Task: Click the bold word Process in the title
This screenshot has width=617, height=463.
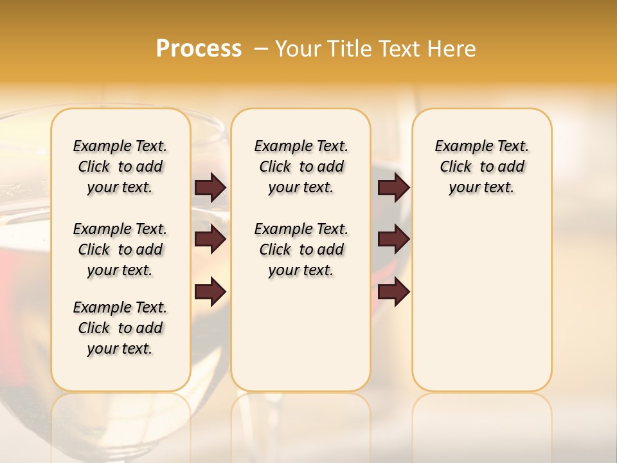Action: click(x=199, y=49)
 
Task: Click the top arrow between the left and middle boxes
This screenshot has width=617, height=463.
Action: click(x=210, y=187)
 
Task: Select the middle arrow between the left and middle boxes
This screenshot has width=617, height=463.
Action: click(x=210, y=239)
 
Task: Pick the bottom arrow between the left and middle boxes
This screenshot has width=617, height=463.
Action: click(x=210, y=291)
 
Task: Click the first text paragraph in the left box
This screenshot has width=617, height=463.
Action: click(x=120, y=167)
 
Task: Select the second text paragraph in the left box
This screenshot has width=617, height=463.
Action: click(x=120, y=250)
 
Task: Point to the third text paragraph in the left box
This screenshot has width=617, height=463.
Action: click(x=120, y=328)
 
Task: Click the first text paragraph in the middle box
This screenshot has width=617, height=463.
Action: click(x=301, y=167)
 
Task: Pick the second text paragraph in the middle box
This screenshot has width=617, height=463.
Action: click(x=301, y=250)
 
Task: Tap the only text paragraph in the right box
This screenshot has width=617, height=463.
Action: click(x=481, y=167)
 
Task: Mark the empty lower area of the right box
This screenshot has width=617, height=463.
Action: click(x=481, y=302)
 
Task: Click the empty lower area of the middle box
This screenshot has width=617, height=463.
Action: click(x=301, y=334)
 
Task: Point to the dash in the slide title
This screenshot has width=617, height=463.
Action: click(x=261, y=49)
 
